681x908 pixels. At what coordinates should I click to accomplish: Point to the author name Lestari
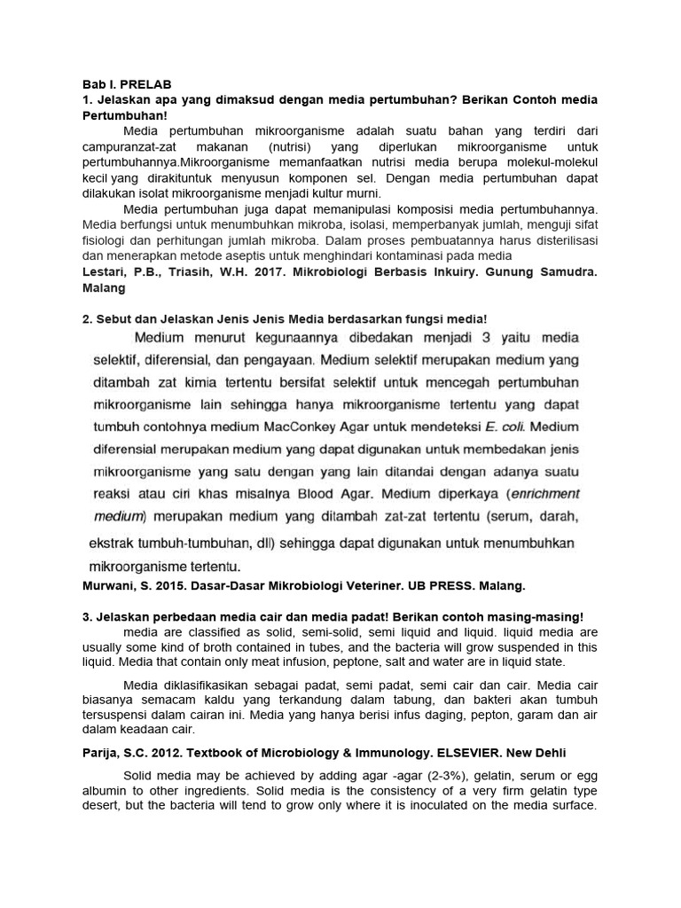click(105, 274)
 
